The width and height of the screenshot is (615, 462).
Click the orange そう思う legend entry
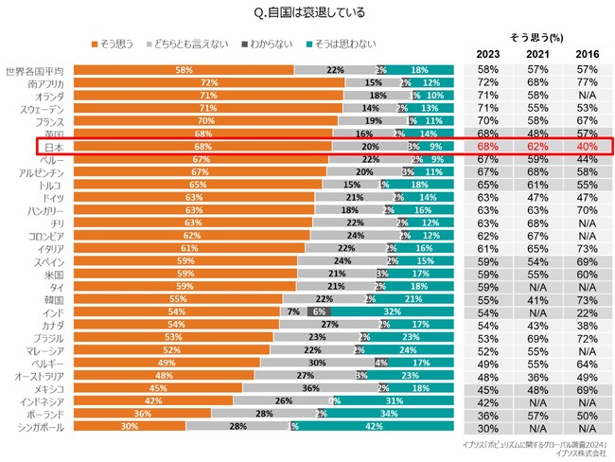point(114,44)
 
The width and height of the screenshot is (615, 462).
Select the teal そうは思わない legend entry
point(342,44)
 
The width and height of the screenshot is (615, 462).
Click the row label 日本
point(54,147)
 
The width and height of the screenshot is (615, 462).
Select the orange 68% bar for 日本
point(201,147)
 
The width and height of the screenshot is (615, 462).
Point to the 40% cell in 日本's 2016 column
point(586,147)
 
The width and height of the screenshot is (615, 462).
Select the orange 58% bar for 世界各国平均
point(184,70)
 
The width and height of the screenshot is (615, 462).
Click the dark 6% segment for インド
point(320,311)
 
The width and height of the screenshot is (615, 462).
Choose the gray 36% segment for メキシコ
point(309,387)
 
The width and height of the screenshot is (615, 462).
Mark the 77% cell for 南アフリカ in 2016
point(586,83)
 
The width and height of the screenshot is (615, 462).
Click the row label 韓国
point(54,299)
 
